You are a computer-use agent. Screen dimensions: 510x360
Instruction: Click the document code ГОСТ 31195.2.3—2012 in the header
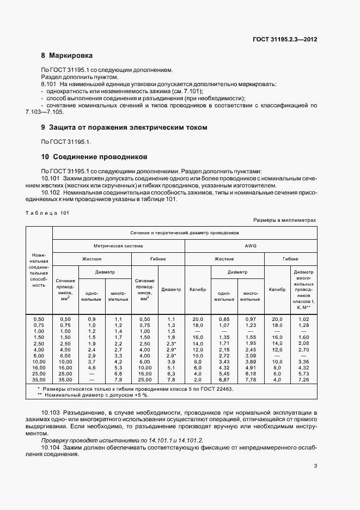pyautogui.click(x=285, y=39)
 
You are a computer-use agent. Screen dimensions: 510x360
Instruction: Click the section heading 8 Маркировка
pyautogui.click(x=67, y=56)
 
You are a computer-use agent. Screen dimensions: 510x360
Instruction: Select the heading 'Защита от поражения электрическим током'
pyautogui.click(x=129, y=127)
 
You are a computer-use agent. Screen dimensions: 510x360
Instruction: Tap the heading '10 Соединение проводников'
pyautogui.click(x=94, y=156)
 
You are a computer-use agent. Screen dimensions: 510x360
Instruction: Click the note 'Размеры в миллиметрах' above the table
pyautogui.click(x=284, y=220)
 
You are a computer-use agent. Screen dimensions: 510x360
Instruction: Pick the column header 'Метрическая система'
pyautogui.click(x=118, y=246)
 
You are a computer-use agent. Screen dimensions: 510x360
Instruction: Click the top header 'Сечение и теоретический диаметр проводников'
pyautogui.click(x=184, y=232)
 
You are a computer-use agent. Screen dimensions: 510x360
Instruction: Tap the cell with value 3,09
pyautogui.click(x=250, y=355)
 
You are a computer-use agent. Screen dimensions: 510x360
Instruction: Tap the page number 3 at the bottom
pyautogui.click(x=315, y=466)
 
